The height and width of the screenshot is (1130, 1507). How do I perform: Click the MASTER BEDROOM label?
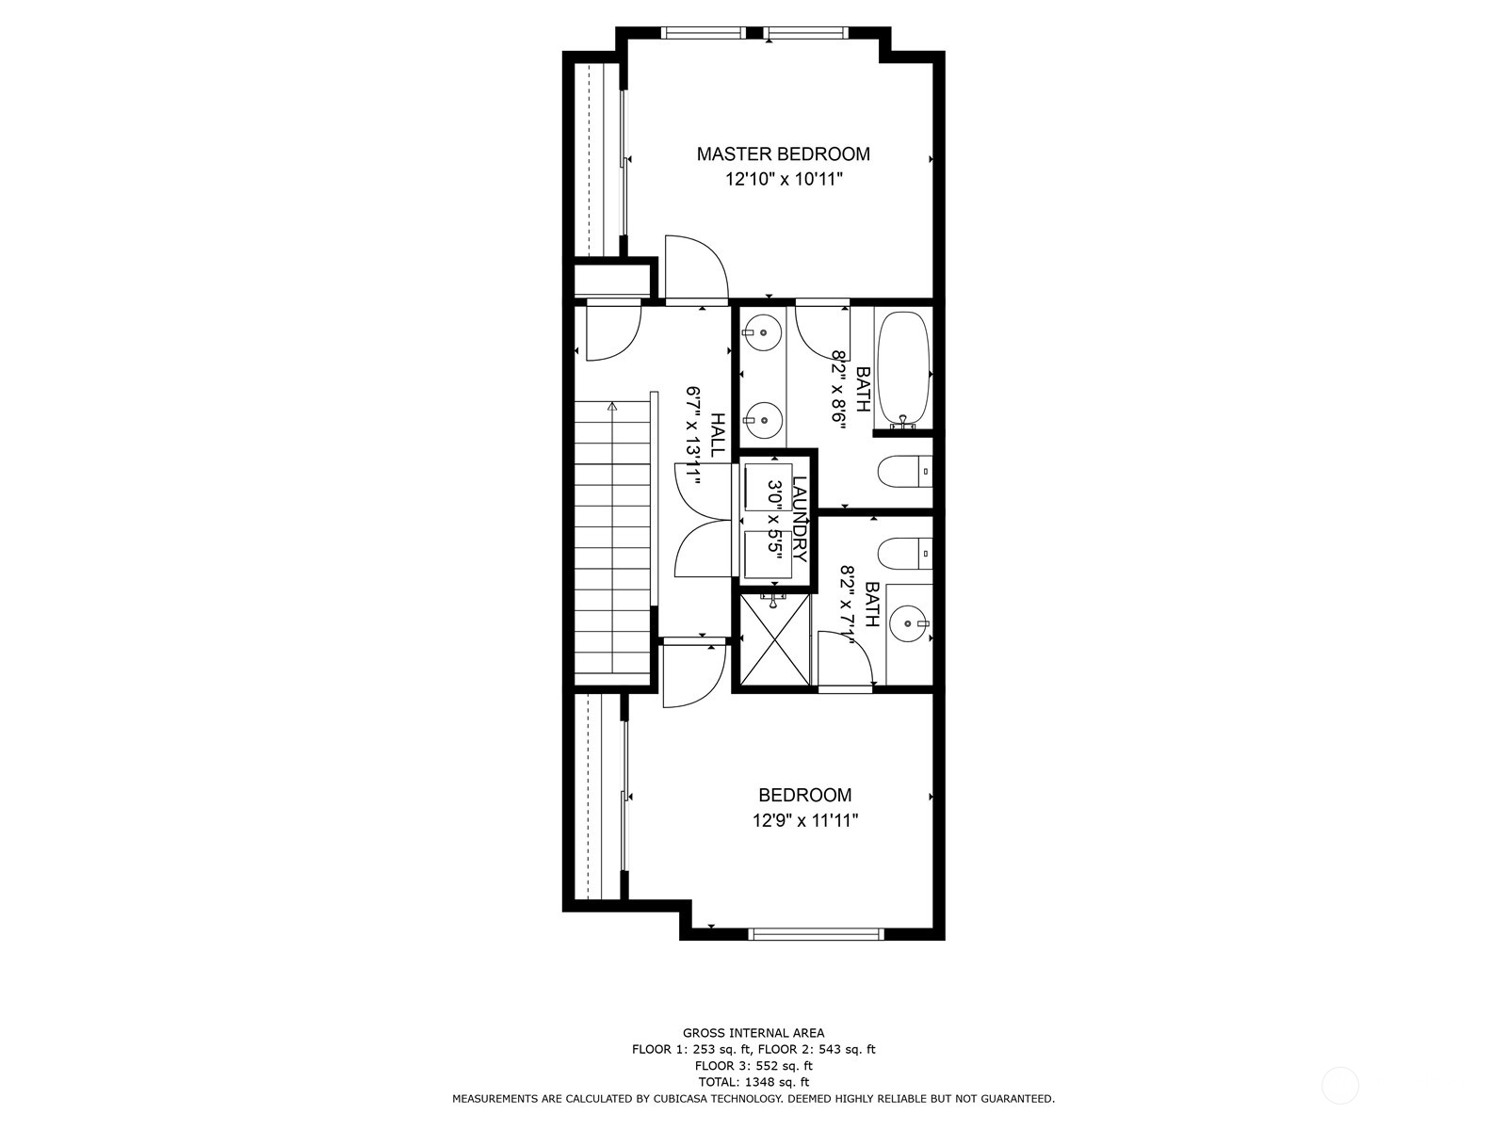783,153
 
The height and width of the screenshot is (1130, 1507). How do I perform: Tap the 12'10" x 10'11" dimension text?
783,179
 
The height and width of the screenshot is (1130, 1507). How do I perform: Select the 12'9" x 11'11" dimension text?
804,820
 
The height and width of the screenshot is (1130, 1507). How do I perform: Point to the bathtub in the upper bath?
903,369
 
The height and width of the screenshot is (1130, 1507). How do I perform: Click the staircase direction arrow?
612,408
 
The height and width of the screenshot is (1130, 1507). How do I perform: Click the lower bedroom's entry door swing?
692,673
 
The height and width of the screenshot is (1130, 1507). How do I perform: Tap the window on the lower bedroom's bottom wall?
816,934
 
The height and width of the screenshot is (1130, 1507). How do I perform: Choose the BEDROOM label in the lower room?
804,796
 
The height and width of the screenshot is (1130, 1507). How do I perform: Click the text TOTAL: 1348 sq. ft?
753,1082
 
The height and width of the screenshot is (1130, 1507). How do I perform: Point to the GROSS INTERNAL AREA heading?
753,1033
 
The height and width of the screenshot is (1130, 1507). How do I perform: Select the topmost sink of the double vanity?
761,331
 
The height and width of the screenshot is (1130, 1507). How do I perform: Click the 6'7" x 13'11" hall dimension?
695,435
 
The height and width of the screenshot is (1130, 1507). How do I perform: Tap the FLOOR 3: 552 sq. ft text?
753,1066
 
